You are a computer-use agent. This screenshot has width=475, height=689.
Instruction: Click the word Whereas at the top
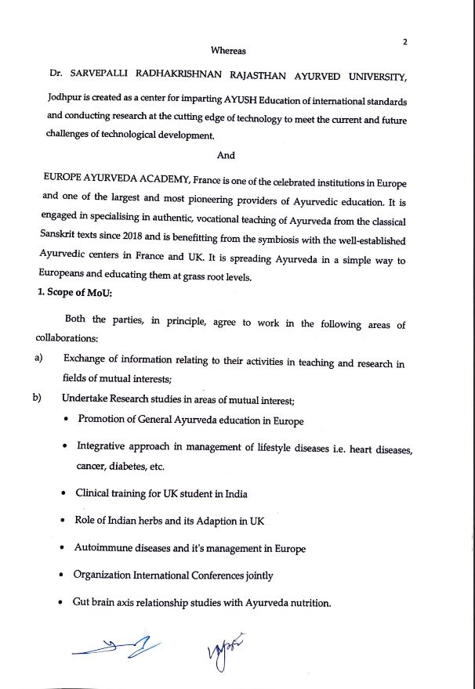[x=228, y=51]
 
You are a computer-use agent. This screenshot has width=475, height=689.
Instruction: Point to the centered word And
[x=225, y=155]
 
